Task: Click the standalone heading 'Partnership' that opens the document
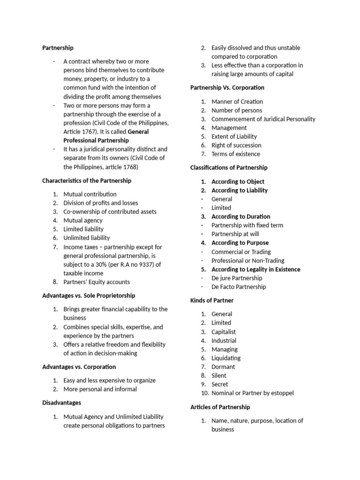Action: (58, 47)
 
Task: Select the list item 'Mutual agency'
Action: (83, 220)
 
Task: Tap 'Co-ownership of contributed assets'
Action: (110, 211)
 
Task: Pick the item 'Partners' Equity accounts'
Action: (97, 282)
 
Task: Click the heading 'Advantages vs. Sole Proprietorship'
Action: (89, 295)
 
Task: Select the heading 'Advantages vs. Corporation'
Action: (79, 367)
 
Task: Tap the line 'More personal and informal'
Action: (100, 389)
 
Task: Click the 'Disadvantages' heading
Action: (61, 403)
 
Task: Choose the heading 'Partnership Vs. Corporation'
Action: (227, 88)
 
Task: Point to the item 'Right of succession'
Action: (236, 145)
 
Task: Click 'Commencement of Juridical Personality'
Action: (263, 119)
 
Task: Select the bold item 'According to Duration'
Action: (240, 217)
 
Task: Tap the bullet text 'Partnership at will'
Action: (235, 234)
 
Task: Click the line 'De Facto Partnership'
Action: (239, 287)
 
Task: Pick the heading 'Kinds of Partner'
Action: (212, 300)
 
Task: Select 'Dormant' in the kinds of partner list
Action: (223, 367)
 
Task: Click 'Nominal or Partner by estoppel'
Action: (253, 393)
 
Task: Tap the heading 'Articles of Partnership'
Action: (220, 407)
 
